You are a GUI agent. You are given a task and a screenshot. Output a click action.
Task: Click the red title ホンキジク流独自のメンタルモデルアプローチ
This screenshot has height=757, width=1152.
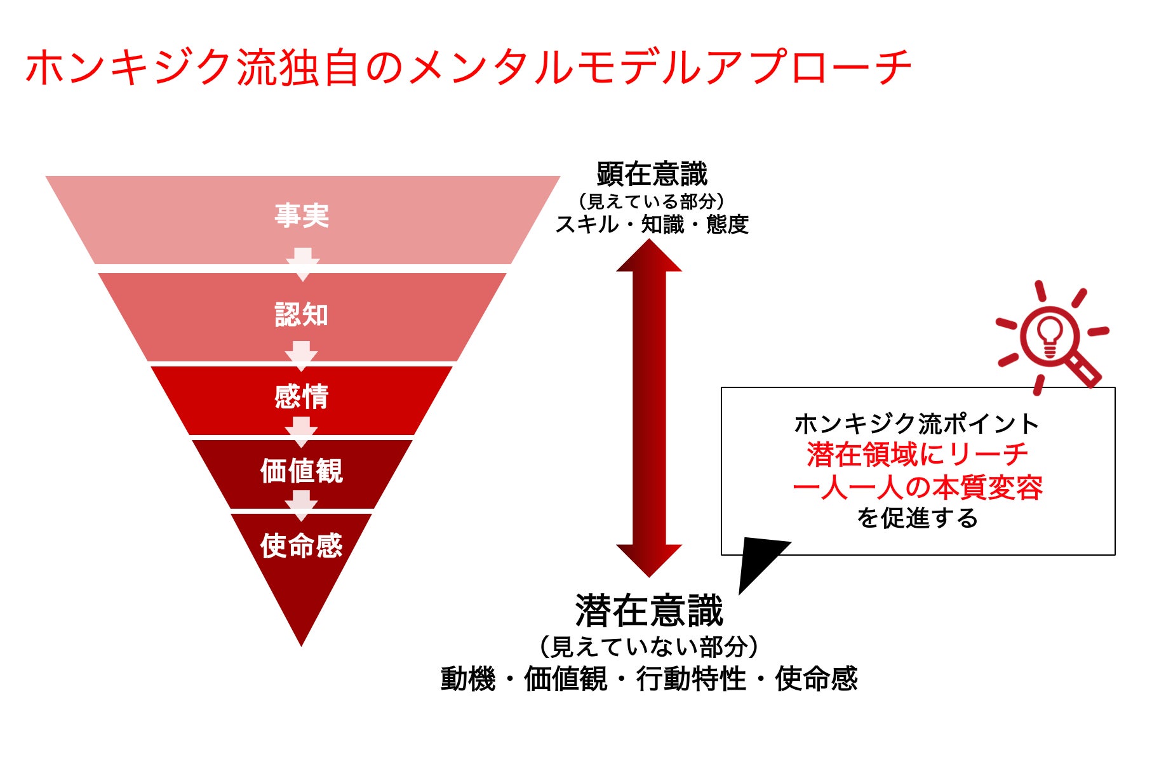coord(468,67)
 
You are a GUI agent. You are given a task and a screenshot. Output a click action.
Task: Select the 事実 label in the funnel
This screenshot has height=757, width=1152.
coord(302,216)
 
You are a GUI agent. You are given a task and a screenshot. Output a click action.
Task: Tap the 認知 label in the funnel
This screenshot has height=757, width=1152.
coord(302,315)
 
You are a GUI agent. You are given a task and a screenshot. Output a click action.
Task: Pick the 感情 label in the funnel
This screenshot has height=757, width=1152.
coord(302,397)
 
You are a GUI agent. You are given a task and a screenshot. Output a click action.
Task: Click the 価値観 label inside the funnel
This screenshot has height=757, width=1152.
coord(302,471)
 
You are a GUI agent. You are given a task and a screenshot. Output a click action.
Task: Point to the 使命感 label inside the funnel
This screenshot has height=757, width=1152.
coord(302,546)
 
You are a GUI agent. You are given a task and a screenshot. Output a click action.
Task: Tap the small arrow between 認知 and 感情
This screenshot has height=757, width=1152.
coord(302,356)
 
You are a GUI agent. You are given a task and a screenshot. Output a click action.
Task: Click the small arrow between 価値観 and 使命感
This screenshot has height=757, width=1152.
coord(302,506)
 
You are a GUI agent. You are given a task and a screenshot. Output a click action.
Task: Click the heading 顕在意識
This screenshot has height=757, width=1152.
coord(652,174)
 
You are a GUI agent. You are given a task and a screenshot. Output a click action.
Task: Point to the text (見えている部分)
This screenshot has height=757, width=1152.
coord(652,201)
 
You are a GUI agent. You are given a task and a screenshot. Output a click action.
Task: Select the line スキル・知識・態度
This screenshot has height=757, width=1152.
coord(652,225)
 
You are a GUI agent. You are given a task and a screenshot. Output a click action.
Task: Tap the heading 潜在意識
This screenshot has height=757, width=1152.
coord(649,611)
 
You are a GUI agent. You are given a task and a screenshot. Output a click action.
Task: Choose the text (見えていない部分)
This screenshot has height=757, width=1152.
coord(649,647)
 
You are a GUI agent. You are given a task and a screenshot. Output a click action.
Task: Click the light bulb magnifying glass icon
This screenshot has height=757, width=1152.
coord(1051,337)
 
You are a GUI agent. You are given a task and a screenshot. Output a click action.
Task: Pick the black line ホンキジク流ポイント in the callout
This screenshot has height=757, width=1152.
coord(917,424)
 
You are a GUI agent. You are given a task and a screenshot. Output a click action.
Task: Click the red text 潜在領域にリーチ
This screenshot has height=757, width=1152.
coord(917,455)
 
